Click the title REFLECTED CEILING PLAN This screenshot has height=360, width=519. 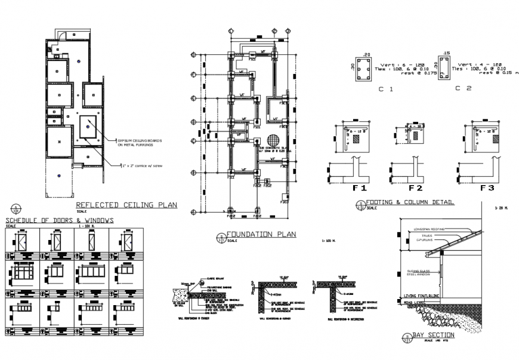(126, 205)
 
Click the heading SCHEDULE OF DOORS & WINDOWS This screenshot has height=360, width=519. (58, 220)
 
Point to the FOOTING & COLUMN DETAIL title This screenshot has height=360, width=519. (409, 202)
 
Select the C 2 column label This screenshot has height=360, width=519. (463, 89)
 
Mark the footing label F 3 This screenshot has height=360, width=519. (488, 187)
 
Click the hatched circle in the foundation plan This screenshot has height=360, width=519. (273, 141)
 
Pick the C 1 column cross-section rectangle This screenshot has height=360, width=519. (362, 70)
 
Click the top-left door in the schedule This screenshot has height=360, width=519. (22, 243)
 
